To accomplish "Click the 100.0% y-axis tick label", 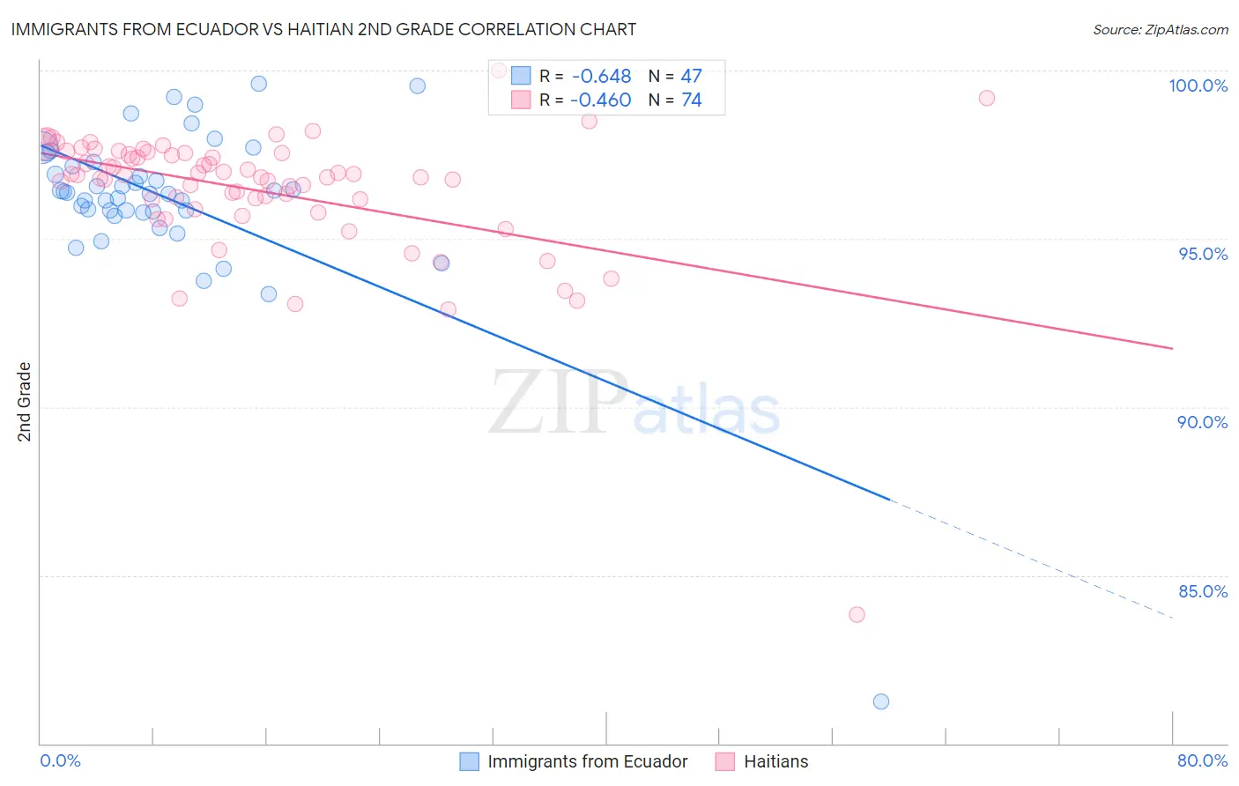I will (x=1198, y=85).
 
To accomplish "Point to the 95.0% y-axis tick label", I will (x=1203, y=254).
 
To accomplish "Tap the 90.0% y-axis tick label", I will (x=1202, y=422).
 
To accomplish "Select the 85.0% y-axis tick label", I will (x=1203, y=591).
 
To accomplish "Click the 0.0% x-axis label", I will (x=60, y=760).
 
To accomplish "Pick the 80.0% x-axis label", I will (x=1202, y=760).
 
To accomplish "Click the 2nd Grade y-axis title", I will (x=25, y=402).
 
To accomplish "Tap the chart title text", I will (x=323, y=29).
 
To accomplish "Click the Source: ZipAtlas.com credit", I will (x=1160, y=30).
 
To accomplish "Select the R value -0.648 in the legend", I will (x=601, y=77).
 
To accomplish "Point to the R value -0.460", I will (x=601, y=100).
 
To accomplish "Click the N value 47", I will (x=691, y=77).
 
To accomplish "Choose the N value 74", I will (x=691, y=100).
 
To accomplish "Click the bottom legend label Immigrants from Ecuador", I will (x=587, y=761).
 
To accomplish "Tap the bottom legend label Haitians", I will (x=775, y=761).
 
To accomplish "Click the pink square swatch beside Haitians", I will (x=725, y=761).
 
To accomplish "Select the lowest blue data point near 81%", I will (x=881, y=701).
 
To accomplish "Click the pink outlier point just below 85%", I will (x=857, y=614).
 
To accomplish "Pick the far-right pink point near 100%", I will (x=987, y=98).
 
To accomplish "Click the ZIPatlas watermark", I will (x=634, y=403).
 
